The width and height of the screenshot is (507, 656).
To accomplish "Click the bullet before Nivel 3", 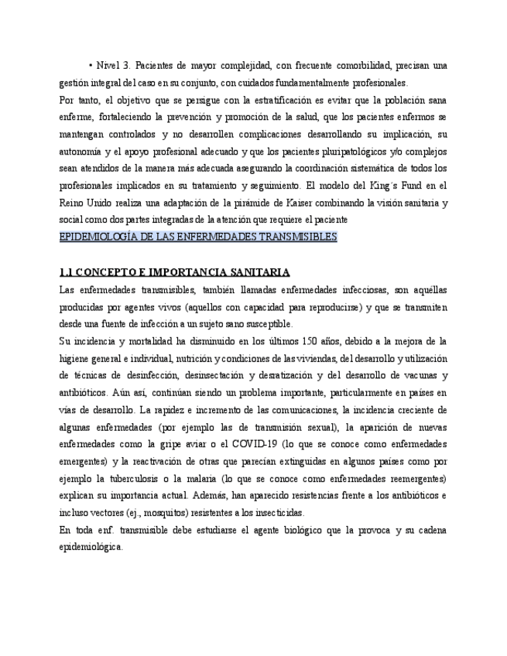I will [91, 65].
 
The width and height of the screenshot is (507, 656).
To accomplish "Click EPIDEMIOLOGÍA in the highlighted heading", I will [100, 237].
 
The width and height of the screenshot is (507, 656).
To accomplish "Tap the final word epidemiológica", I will [91, 546].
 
